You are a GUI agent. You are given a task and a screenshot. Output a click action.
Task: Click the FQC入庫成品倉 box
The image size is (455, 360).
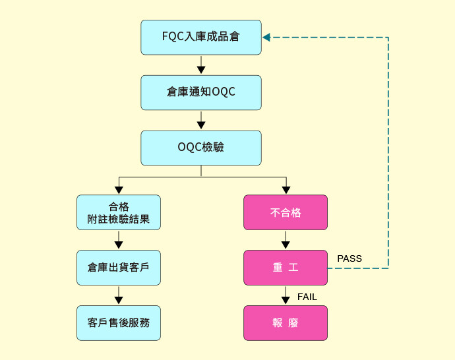click(200, 37)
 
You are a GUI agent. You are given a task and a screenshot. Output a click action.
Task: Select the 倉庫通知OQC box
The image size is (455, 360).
click(200, 92)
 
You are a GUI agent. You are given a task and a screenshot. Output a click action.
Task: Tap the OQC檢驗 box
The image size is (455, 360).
click(200, 147)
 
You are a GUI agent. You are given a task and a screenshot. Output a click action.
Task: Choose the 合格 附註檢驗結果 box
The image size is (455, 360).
click(119, 212)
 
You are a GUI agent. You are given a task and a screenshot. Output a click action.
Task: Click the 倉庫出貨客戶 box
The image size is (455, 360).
click(119, 268)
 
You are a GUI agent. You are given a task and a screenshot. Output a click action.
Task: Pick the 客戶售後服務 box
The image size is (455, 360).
click(119, 323)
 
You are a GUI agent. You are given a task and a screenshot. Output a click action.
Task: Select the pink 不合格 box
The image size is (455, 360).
click(286, 212)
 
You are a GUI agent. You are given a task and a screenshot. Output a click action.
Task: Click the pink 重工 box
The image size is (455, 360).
click(286, 268)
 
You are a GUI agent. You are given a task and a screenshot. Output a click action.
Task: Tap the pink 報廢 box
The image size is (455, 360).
click(286, 323)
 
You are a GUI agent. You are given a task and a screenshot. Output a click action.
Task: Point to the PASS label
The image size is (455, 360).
click(349, 258)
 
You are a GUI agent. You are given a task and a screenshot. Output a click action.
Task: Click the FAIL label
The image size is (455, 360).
click(307, 297)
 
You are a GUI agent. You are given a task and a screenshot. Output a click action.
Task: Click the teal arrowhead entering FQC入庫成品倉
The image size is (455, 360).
click(266, 38)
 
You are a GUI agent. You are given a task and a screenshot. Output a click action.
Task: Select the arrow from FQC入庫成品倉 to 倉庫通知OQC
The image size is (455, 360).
click(201, 65)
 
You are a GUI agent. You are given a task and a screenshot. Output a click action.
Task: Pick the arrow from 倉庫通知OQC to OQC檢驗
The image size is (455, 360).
click(201, 121)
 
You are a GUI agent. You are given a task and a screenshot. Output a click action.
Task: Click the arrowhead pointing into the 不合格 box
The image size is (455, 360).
click(286, 191)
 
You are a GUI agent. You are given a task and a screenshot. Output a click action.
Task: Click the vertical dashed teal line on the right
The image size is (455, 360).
click(388, 152)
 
